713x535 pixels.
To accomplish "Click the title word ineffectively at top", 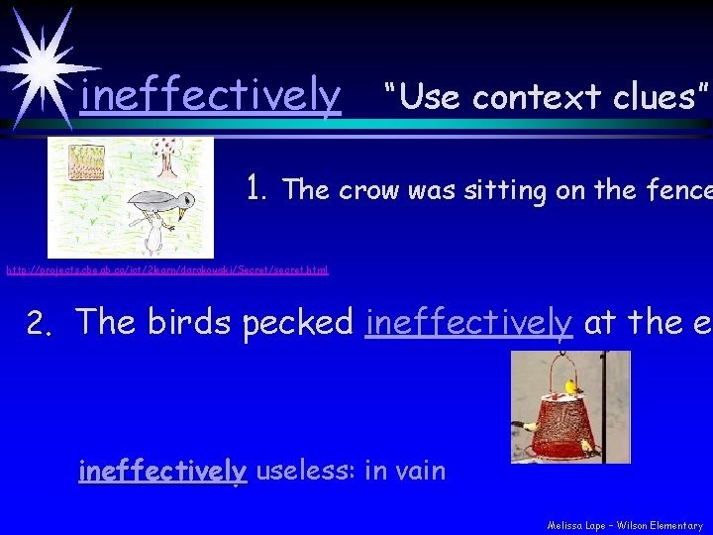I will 210,96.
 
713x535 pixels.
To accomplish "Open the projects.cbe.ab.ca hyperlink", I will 167,269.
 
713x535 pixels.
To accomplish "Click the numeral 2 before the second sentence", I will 37,323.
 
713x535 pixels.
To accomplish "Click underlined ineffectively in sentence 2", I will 468,322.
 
